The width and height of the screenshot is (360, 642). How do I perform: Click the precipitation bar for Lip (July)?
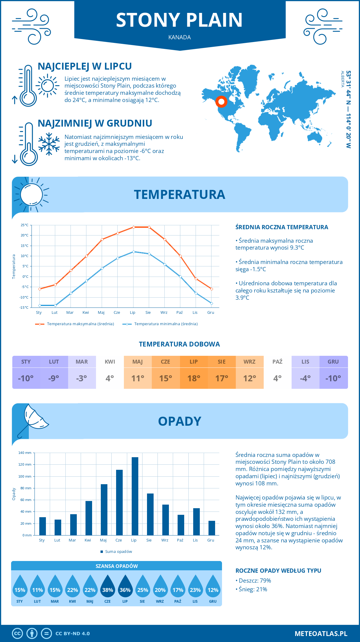(135, 496)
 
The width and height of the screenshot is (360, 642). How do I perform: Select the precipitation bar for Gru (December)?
(212, 528)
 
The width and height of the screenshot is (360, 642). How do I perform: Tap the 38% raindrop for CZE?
(107, 588)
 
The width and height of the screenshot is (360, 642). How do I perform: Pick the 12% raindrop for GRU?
(213, 588)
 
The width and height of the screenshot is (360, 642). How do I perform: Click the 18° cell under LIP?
(194, 378)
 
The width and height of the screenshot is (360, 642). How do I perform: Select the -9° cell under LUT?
(54, 378)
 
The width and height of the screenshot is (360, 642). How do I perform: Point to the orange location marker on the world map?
(221, 102)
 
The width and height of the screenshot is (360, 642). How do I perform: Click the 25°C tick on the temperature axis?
(25, 225)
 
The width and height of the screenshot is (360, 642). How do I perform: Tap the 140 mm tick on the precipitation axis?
(25, 453)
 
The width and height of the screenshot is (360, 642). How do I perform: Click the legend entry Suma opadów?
(118, 552)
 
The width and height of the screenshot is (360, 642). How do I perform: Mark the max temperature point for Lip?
(133, 227)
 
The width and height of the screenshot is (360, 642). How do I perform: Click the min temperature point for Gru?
(211, 303)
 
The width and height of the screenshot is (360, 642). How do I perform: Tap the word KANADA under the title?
(180, 37)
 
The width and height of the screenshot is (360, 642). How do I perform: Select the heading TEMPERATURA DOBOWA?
(179, 344)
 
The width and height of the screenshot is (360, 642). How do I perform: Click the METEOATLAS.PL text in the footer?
(321, 634)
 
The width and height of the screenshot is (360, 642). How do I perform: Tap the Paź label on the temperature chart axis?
(179, 313)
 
